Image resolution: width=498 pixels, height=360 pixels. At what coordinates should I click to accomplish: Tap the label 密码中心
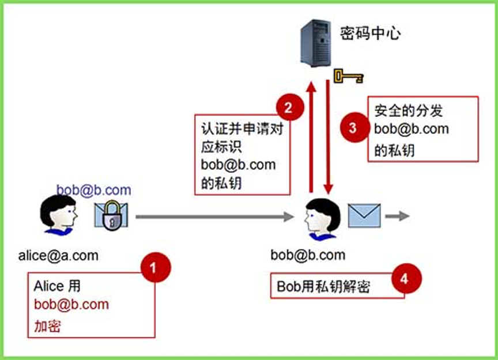(370, 33)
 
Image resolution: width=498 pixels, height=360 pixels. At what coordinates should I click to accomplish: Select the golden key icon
(348, 76)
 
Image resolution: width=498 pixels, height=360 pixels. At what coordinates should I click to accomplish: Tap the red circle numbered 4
(404, 278)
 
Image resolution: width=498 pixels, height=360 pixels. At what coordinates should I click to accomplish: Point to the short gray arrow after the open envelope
(397, 216)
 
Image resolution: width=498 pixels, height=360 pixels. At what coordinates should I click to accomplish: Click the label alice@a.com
(58, 255)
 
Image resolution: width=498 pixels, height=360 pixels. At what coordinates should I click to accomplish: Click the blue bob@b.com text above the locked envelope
(94, 190)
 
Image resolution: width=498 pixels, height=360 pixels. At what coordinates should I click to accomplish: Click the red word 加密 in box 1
(48, 327)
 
